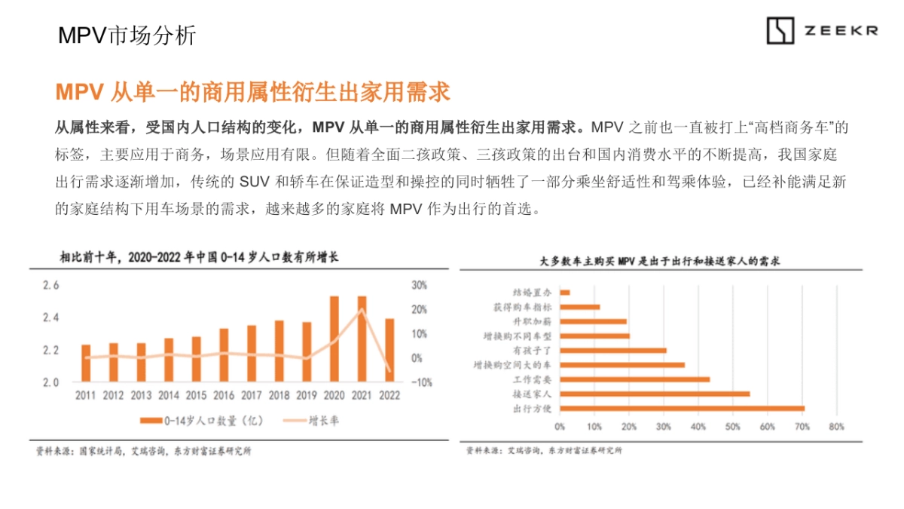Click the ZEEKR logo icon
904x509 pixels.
click(780, 31)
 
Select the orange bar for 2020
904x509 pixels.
click(334, 339)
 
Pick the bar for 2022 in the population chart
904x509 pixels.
click(389, 351)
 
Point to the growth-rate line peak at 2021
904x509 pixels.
click(362, 309)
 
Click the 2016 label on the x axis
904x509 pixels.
click(224, 395)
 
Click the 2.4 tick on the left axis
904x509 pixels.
click(50, 317)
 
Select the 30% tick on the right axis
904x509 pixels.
click(419, 285)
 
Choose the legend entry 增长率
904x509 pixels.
click(313, 420)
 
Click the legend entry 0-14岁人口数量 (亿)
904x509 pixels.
click(200, 420)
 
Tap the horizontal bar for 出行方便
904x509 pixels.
click(682, 408)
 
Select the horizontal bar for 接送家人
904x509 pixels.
click(655, 394)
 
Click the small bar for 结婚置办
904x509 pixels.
click(565, 292)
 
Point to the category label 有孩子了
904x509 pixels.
click(533, 350)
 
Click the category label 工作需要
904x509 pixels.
click(533, 379)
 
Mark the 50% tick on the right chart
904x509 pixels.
click(733, 427)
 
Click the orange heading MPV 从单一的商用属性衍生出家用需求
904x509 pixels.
click(252, 91)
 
